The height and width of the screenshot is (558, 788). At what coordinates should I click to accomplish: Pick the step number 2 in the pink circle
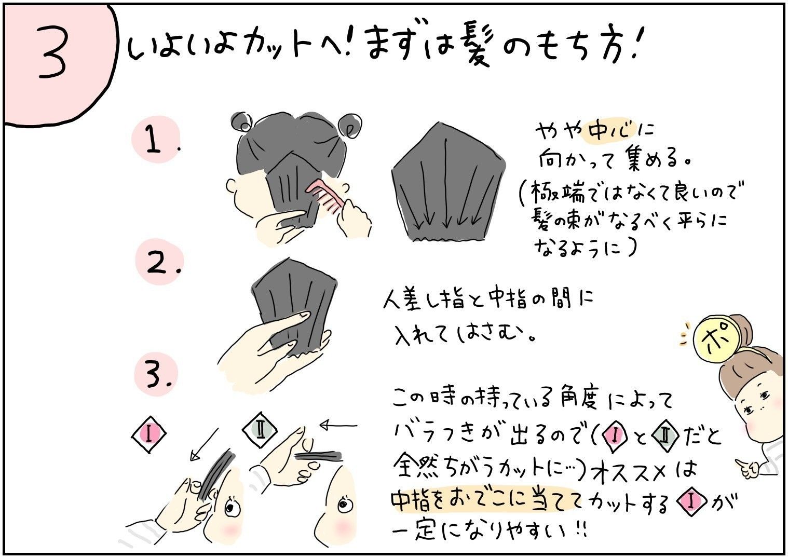pos(157,263)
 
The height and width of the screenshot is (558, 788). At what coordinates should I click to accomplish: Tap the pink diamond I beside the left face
pos(148,434)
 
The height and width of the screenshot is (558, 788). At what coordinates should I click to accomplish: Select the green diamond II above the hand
pos(260,430)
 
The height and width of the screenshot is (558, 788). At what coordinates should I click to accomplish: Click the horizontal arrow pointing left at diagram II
pos(338,425)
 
